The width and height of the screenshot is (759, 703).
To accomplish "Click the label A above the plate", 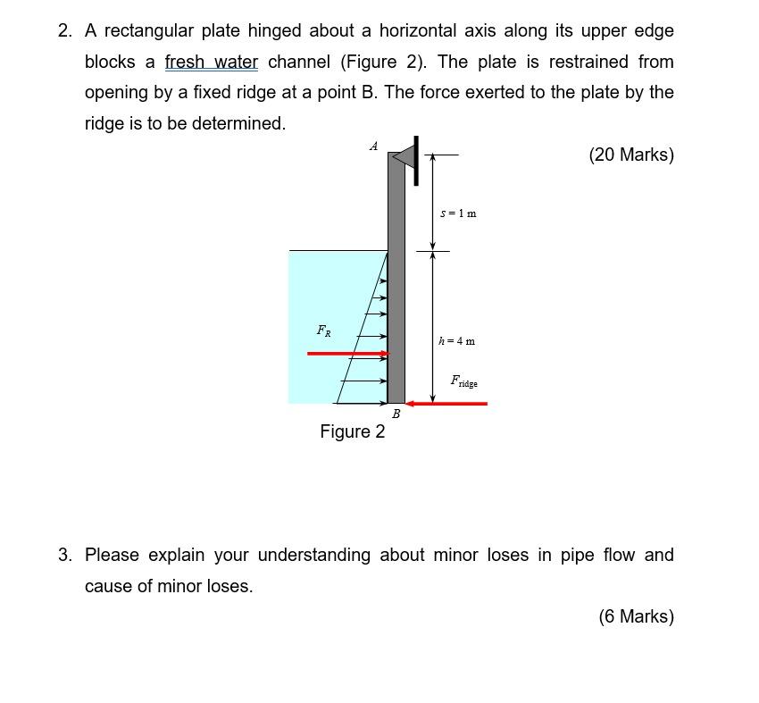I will point(373,146).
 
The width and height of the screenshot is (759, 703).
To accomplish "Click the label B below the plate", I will point(396,414).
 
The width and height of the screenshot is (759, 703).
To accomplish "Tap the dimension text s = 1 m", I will point(459,213).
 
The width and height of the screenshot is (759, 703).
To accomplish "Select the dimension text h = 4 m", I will point(457,340).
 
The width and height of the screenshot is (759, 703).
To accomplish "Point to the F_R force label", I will point(323,331).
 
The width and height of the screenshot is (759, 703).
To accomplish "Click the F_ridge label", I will point(463,381).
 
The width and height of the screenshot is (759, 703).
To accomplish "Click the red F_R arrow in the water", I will point(348,354).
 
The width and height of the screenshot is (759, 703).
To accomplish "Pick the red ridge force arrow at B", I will point(446,404).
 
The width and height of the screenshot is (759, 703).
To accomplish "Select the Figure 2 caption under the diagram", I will point(353,431).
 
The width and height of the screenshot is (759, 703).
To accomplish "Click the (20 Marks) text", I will point(631,155).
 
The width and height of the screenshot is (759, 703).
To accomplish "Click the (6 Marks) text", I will point(636,616).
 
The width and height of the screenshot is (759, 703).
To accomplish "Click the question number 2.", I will point(64,31).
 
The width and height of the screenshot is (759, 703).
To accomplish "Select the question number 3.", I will point(64,556).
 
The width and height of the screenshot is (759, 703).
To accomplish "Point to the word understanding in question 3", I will point(313,556).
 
